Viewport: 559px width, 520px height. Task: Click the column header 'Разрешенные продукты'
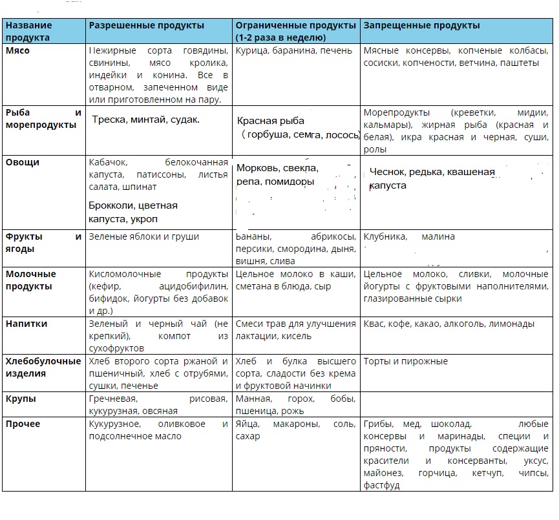coord(146,26)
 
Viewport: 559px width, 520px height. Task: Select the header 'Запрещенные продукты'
coord(421,26)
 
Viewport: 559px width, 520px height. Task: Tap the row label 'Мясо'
coord(18,51)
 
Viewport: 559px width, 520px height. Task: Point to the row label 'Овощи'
coord(23,162)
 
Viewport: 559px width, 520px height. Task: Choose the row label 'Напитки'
coord(26,324)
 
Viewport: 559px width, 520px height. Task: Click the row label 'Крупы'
coord(21,399)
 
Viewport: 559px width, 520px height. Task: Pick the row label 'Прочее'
coord(23,424)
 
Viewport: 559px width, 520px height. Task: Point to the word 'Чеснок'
coord(387,172)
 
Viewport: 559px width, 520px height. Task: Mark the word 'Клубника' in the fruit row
coord(385,236)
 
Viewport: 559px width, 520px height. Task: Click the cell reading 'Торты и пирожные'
coord(405,361)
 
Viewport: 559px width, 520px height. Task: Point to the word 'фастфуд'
coord(382,484)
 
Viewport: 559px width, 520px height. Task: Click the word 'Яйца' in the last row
coord(248,424)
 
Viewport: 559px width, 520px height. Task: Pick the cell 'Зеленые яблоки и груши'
coord(143,236)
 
